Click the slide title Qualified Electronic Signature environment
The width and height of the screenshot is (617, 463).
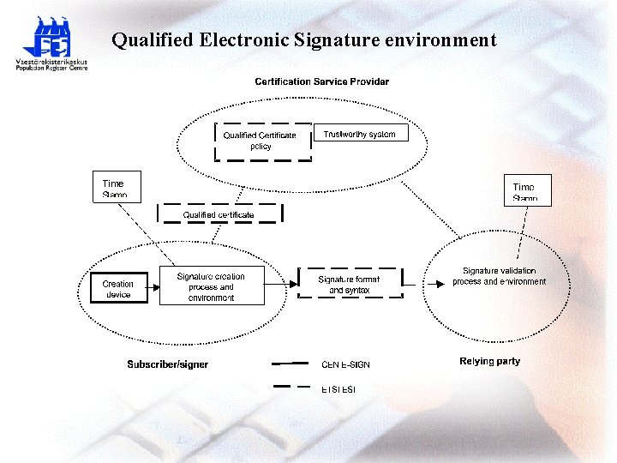(x=304, y=40)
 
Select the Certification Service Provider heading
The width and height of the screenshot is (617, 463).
(x=321, y=81)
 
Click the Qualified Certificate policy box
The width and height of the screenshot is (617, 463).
(x=261, y=141)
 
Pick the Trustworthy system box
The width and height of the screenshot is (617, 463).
(x=360, y=134)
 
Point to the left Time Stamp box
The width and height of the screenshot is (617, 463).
(x=114, y=188)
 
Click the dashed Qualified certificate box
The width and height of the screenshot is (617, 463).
(x=219, y=213)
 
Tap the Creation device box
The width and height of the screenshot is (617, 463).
(x=118, y=288)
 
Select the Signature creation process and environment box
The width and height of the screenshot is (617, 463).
(x=211, y=286)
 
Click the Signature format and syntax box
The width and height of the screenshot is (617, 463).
(x=349, y=284)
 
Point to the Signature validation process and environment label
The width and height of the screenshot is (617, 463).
(x=499, y=276)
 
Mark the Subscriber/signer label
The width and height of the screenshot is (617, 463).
(x=168, y=364)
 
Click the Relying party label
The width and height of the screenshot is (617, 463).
(x=489, y=361)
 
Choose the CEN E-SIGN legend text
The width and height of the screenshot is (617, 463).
(x=345, y=364)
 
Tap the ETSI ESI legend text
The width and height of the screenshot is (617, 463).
(x=338, y=389)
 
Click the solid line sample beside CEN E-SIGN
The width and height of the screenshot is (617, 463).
(x=290, y=364)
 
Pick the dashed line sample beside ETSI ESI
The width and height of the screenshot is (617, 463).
(x=290, y=388)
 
